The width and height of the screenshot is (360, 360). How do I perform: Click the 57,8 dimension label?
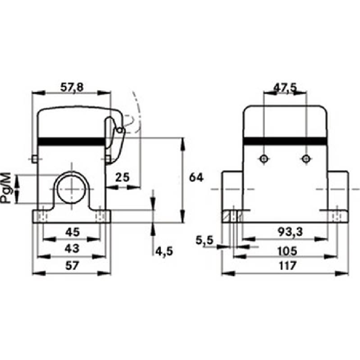[72, 88]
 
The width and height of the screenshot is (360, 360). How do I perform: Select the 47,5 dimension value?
[285, 88]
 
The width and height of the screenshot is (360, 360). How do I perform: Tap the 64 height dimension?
[197, 177]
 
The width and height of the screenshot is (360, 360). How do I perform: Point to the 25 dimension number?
[122, 177]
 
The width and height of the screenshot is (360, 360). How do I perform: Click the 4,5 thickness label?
[164, 252]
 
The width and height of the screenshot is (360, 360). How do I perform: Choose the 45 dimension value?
[73, 232]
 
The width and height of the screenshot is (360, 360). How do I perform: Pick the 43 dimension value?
[72, 249]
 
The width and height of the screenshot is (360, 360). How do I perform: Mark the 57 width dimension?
[73, 265]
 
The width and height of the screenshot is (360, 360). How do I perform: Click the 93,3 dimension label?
[291, 232]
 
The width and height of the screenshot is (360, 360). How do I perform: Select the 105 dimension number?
[287, 251]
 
